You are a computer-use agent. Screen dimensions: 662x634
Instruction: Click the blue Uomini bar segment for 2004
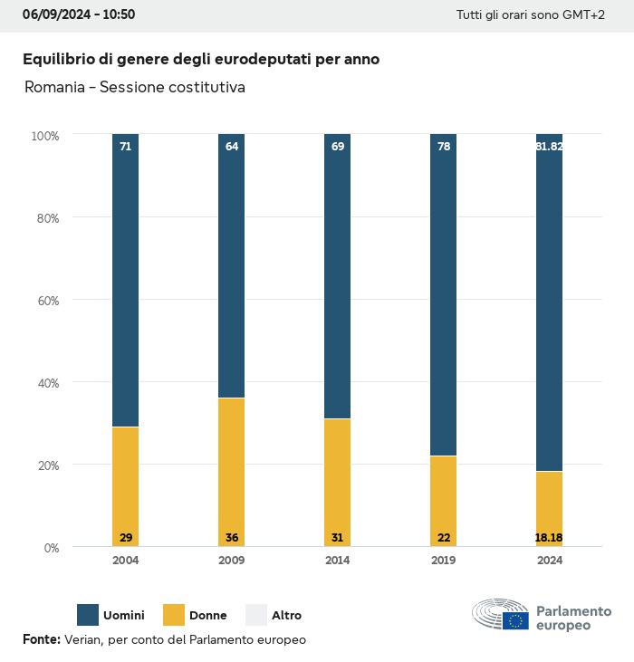125,281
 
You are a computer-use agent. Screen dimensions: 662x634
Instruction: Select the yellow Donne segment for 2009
231,471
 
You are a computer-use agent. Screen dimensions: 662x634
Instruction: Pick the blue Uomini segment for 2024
549,303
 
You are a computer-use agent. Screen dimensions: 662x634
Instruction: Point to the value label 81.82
549,146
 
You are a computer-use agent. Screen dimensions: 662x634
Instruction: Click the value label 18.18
549,538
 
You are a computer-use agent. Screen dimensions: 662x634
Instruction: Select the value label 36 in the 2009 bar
231,538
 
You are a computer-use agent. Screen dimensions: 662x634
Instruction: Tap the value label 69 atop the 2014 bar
337,146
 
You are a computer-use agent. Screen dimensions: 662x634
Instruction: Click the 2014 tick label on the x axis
337,561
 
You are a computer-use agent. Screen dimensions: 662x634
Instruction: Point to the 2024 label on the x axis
549,561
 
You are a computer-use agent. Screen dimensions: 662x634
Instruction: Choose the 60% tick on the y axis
45,300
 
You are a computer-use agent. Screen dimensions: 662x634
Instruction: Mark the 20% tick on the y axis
45,465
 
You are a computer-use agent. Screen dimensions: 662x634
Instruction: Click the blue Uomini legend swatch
88,615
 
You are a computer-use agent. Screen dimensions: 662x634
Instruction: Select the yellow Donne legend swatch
173,615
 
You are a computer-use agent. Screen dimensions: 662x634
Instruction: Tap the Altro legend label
286,616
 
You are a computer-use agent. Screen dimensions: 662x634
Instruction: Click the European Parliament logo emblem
500,615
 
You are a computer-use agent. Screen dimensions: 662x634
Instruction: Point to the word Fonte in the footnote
41,639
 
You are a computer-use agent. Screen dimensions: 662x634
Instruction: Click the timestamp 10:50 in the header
120,15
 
